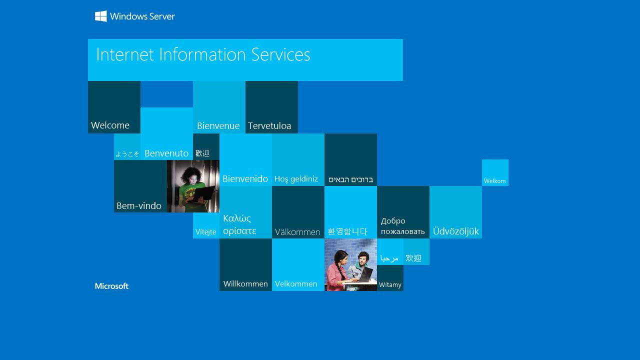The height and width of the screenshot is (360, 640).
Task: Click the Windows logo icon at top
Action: [101, 16]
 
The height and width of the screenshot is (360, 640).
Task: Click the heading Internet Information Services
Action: [203, 54]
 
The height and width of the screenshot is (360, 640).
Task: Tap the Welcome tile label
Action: [110, 125]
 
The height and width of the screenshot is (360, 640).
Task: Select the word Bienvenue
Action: [218, 126]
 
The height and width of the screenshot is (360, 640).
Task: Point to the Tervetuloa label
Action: [269, 126]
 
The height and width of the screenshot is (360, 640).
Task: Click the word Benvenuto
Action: [166, 153]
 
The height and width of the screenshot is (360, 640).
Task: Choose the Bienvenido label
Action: [245, 178]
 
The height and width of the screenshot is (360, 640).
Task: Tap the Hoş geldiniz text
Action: [296, 179]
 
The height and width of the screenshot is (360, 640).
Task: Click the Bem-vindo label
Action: [139, 205]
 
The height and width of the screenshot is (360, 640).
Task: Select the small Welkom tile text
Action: [494, 181]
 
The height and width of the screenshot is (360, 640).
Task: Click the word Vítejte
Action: [205, 232]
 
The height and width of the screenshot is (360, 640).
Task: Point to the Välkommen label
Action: [297, 232]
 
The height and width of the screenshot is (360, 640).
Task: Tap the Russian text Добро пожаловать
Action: [402, 226]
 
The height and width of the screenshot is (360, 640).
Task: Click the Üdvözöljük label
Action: [455, 231]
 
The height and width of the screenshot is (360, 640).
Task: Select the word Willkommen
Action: [245, 284]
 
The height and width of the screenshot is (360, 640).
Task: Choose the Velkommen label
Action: [296, 284]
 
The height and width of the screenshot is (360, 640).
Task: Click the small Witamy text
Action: [390, 285]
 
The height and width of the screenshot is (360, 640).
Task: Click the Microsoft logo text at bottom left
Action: [111, 286]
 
